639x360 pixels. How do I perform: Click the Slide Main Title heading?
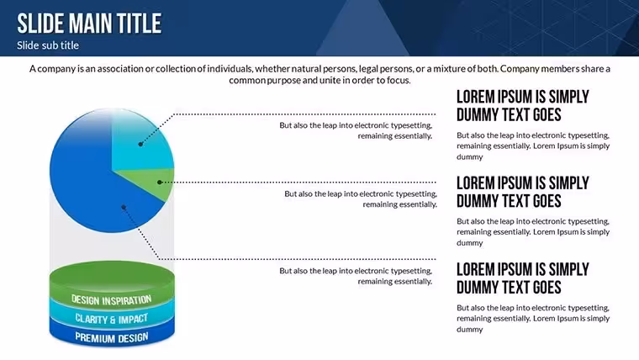[x=89, y=24]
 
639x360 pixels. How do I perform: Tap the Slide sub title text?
[x=48, y=45]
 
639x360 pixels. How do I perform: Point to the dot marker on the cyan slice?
[x=140, y=144]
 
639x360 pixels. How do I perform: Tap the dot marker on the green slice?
[x=160, y=183]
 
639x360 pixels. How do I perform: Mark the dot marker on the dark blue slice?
[x=124, y=208]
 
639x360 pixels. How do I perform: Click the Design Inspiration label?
[x=112, y=300]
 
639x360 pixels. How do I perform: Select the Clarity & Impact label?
[x=112, y=319]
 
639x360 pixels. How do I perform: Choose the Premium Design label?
[x=112, y=337]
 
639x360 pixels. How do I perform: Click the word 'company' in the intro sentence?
[x=56, y=68]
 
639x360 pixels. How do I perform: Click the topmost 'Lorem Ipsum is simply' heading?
[x=522, y=97]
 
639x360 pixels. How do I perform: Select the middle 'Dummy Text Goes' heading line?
[x=509, y=201]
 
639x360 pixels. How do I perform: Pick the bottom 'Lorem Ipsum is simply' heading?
[x=522, y=269]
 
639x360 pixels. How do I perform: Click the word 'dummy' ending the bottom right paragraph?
[x=469, y=330]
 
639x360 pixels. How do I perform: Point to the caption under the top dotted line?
[x=356, y=130]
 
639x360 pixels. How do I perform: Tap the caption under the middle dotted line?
[x=360, y=199]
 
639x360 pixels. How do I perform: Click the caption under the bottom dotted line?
[x=356, y=276]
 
